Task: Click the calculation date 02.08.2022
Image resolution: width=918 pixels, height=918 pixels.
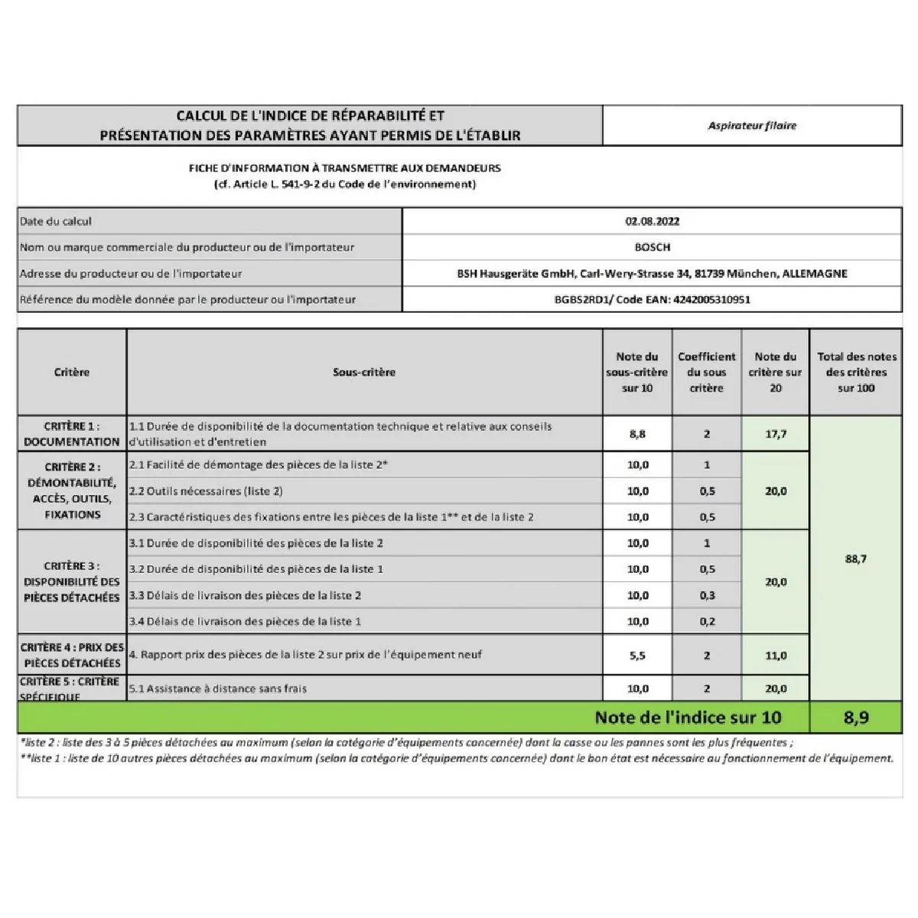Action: (x=652, y=221)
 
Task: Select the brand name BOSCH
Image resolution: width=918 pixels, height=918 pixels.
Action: (x=652, y=247)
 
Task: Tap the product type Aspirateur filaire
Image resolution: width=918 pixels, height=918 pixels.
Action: (x=752, y=125)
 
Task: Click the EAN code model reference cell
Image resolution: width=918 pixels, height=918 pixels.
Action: (x=652, y=299)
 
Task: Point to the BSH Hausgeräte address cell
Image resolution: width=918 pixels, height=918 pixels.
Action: (x=652, y=273)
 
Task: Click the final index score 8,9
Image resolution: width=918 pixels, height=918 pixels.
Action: (x=855, y=718)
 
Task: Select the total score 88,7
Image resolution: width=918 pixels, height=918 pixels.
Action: (x=855, y=559)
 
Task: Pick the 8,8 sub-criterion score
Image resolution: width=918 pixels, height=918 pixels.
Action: (x=637, y=434)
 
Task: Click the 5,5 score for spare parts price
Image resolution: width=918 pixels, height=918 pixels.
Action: (x=637, y=656)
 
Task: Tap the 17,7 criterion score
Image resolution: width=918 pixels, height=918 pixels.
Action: (x=775, y=434)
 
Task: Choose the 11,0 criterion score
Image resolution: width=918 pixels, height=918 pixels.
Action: (x=775, y=656)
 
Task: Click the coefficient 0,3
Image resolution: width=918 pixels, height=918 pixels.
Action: (x=706, y=595)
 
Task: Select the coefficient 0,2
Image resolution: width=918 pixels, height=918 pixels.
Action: (x=706, y=621)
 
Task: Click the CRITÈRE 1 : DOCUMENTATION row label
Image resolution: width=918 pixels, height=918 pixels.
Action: (x=72, y=434)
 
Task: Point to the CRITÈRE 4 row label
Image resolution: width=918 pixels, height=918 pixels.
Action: (x=72, y=655)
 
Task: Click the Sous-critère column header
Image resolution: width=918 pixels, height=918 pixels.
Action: (x=364, y=373)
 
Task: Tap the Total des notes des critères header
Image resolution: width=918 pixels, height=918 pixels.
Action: (x=855, y=373)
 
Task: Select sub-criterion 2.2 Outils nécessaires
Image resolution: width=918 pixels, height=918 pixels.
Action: (x=206, y=491)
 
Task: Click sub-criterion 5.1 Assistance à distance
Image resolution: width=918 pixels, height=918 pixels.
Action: (x=218, y=688)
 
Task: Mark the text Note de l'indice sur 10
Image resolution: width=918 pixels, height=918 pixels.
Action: (x=688, y=718)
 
